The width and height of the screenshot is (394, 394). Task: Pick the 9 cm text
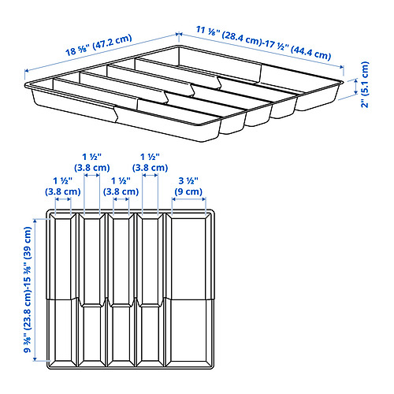click(x=188, y=190)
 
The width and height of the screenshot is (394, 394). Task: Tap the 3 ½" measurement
click(x=188, y=179)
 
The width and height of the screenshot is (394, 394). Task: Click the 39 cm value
click(x=28, y=240)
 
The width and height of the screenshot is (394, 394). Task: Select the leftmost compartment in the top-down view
click(x=63, y=292)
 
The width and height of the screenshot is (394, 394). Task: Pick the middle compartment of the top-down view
click(x=121, y=292)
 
